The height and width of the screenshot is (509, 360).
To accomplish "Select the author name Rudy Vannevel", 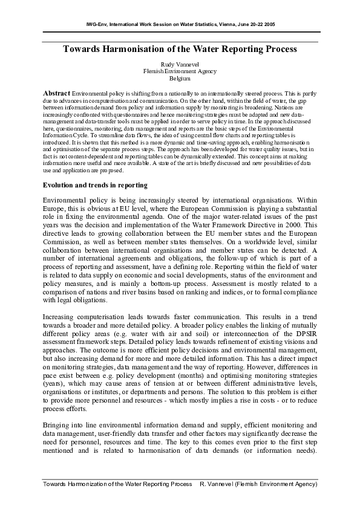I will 179,63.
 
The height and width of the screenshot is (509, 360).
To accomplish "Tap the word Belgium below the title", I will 180,79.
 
